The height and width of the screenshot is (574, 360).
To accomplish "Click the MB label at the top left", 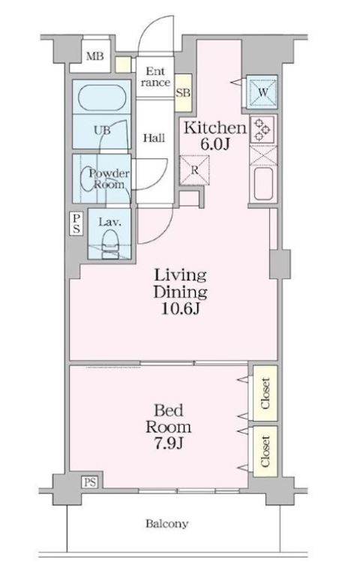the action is (x=94, y=56).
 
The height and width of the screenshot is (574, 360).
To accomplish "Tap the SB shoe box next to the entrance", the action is (x=183, y=92).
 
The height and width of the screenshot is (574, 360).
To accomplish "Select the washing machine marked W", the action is (x=262, y=92).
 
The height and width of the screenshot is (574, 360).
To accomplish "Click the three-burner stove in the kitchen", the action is (x=262, y=130).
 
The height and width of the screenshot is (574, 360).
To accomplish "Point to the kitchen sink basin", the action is (x=263, y=183).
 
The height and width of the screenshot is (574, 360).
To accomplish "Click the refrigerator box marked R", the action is (x=195, y=170).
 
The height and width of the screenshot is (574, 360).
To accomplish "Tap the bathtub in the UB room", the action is (x=103, y=98).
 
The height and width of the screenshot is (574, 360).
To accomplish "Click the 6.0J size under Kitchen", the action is (x=214, y=144).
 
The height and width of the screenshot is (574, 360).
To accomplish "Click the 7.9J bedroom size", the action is (x=169, y=443).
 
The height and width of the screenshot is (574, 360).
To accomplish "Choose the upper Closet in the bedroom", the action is (x=265, y=393).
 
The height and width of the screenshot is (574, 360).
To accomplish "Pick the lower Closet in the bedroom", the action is (x=265, y=452).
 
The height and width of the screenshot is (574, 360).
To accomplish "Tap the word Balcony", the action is (x=166, y=524).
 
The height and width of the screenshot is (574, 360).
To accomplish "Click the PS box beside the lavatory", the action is (x=76, y=224).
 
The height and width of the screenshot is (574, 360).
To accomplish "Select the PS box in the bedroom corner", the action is (x=90, y=482).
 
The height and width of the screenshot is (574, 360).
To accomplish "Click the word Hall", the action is (x=154, y=138).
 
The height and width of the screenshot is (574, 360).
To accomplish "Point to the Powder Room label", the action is (x=109, y=179).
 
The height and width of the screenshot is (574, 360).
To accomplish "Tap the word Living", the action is (x=180, y=275).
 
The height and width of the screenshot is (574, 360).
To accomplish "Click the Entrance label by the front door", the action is (x=155, y=77).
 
